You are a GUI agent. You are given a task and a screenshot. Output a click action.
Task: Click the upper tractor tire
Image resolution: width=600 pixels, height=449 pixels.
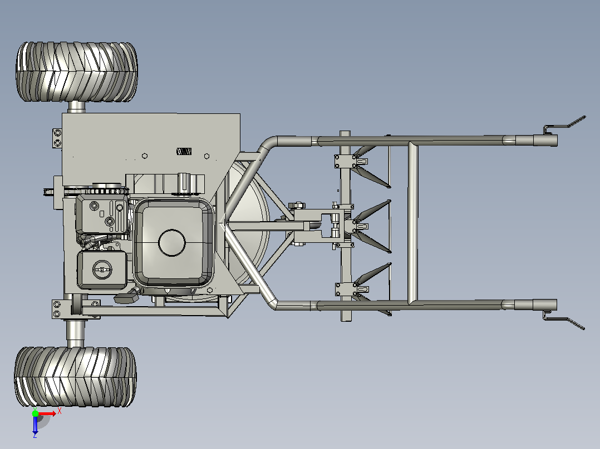[x=77, y=72]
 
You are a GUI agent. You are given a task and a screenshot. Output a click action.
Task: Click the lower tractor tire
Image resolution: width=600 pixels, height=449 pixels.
[x=75, y=377]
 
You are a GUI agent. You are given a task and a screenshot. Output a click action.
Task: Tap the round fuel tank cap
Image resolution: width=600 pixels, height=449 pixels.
[x=172, y=243]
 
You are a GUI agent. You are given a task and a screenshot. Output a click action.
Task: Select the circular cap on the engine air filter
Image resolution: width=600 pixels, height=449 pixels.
[x=102, y=270]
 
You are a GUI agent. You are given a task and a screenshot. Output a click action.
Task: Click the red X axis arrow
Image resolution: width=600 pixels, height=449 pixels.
[x=47, y=413]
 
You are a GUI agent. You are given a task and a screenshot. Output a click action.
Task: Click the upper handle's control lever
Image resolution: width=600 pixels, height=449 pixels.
[x=564, y=125]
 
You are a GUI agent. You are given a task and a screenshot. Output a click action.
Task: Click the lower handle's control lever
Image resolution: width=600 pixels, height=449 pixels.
[x=564, y=320]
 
